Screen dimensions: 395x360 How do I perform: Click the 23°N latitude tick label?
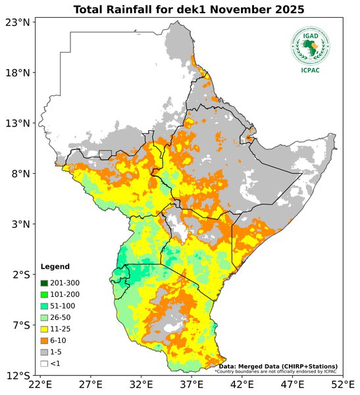(18, 22)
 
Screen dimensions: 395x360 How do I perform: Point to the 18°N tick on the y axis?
(18, 72)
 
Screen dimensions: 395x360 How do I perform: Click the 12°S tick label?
(18, 376)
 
